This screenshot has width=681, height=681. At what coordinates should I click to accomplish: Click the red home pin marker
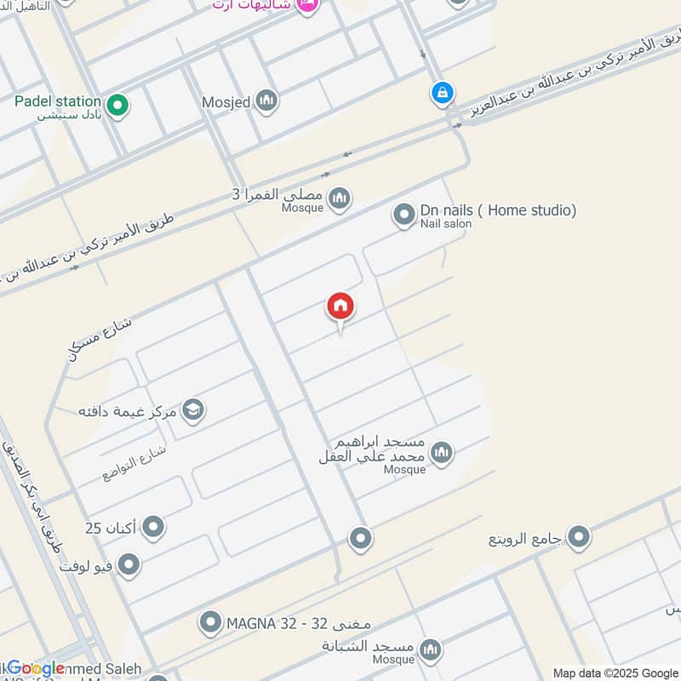tap(340, 307)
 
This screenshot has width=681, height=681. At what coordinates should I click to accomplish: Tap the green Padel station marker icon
tap(119, 106)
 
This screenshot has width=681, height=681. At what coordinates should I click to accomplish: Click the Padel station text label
tap(58, 101)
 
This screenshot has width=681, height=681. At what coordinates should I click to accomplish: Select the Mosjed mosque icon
tap(267, 102)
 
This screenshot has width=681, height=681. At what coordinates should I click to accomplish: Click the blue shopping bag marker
tap(442, 93)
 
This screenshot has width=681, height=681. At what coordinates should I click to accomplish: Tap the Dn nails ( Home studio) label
tap(498, 210)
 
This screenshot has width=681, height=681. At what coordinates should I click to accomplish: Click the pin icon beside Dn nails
tap(403, 215)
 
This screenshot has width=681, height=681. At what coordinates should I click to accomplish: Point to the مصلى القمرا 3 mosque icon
tap(340, 198)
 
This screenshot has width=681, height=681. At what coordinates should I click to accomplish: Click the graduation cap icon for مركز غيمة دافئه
tap(193, 411)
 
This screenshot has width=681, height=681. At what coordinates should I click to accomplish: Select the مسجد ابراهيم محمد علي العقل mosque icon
tap(441, 452)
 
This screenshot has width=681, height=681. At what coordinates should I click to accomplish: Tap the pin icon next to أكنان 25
tap(153, 528)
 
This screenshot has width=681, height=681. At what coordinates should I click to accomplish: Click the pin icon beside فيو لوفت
tap(129, 564)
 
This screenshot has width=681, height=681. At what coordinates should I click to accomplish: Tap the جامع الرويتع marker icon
tap(579, 538)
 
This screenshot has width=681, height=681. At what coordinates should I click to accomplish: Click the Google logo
tap(35, 668)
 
